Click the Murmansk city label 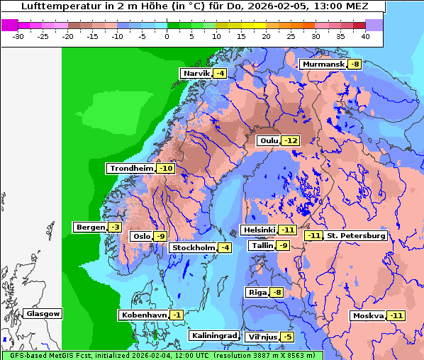tap(322, 64)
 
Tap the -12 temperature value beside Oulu tap(290, 140)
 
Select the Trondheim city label tap(130, 169)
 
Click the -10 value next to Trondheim tap(165, 169)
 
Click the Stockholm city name tap(193, 247)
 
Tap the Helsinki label tap(258, 230)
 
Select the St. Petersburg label tap(356, 236)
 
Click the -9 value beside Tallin tap(283, 246)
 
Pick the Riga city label tap(256, 293)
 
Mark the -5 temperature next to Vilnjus tap(286, 337)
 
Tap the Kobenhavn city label tap(144, 315)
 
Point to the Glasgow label tap(43, 314)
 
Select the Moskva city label tap(368, 315)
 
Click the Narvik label tap(196, 74)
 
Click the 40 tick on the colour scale tap(364, 35)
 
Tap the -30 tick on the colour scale tap(18, 35)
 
